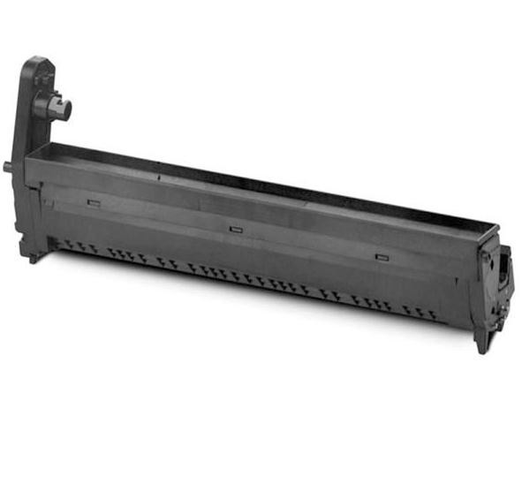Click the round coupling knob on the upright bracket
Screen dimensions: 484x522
pos(63,110)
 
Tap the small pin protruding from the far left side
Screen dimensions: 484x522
pos(8,164)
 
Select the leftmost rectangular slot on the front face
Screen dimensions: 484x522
pos(94,202)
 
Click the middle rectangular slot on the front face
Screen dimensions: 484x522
pos(236,229)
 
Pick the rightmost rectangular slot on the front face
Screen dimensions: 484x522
pos(382,257)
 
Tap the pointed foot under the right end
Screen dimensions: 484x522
pos(482,344)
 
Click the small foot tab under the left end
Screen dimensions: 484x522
pos(33,257)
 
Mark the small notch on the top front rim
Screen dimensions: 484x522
pos(160,177)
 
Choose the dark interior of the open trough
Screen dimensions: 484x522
pos(265,185)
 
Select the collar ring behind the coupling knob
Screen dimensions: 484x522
pos(49,108)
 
